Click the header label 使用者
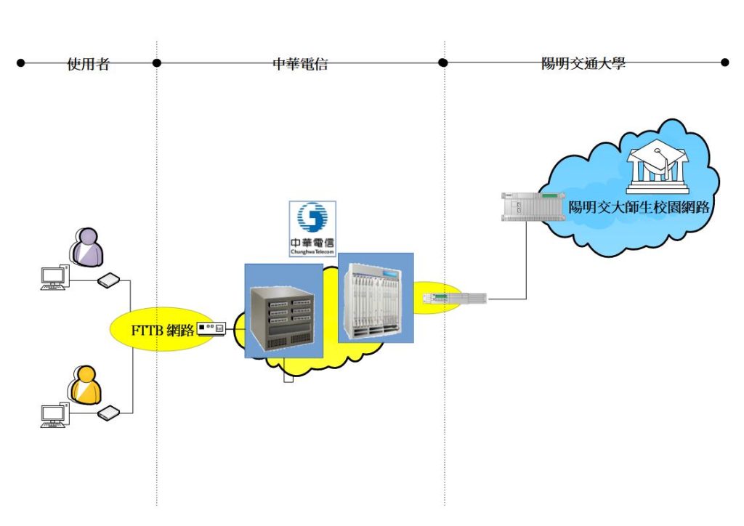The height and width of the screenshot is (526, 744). (x=89, y=64)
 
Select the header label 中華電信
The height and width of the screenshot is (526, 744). (x=300, y=64)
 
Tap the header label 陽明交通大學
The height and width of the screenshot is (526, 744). (x=583, y=64)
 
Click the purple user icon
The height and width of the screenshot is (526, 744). (x=86, y=246)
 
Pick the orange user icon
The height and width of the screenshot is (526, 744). (x=85, y=384)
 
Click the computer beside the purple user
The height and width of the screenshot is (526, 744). (x=53, y=278)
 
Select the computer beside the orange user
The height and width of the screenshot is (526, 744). (x=53, y=416)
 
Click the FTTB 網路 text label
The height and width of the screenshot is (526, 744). (x=163, y=331)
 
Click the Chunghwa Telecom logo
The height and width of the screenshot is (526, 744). (x=312, y=228)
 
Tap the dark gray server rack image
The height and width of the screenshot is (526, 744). (x=284, y=311)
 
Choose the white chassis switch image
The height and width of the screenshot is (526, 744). (x=376, y=298)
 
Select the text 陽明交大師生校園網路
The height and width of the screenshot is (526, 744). (x=639, y=207)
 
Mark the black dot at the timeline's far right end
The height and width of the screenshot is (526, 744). (x=724, y=63)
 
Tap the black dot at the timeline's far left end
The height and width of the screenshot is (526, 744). (x=21, y=63)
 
